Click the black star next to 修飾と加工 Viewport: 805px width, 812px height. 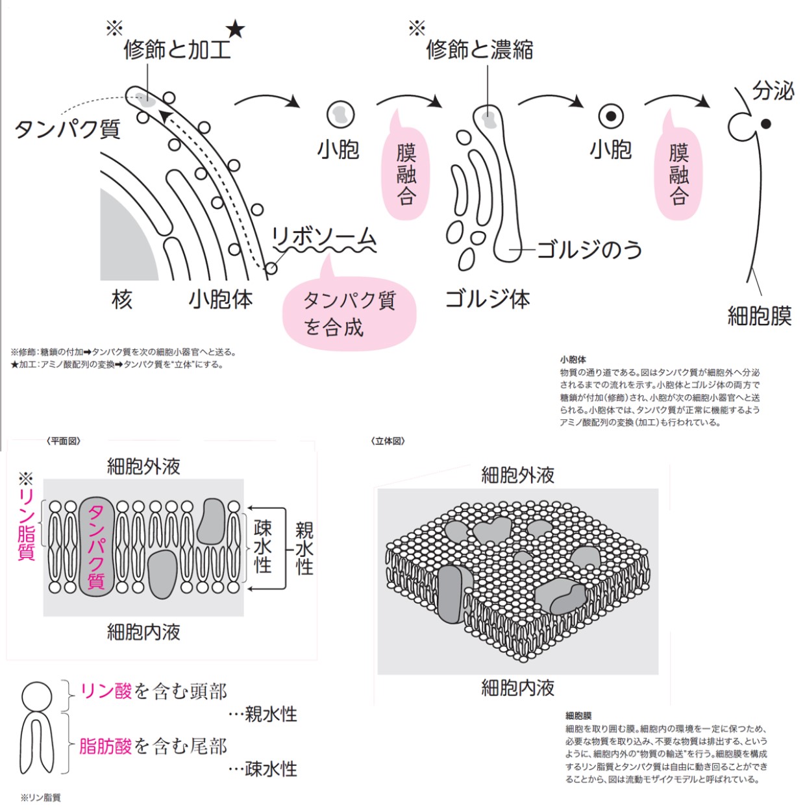[235, 29]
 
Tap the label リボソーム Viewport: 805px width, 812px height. [323, 238]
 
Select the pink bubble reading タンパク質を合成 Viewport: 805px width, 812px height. [349, 314]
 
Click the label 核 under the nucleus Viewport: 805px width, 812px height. [122, 299]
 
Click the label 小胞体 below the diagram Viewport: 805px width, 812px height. [221, 299]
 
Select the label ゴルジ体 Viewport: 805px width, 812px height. [488, 299]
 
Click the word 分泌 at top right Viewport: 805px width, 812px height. [773, 91]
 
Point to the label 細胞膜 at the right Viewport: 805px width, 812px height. [760, 316]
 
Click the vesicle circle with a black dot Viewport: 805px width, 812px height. [610, 117]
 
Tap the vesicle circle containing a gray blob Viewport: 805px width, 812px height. [340, 115]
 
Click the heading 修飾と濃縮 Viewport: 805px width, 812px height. [480, 49]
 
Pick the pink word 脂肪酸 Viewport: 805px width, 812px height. [106, 746]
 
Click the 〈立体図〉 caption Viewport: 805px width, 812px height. [388, 441]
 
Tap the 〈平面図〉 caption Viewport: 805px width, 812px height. [64, 441]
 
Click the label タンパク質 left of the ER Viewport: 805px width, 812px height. [68, 129]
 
